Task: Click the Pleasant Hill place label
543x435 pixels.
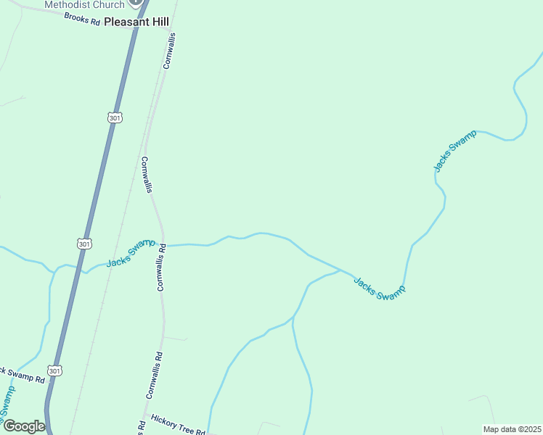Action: pos(136,22)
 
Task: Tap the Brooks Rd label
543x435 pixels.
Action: pos(81,19)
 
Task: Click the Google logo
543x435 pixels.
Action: pos(24,426)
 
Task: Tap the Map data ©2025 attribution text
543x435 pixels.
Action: pos(512,429)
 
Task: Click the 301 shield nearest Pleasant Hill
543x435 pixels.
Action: pos(114,117)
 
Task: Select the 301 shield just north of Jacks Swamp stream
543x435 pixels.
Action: pos(84,244)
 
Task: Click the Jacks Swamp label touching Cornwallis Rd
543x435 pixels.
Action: pos(131,252)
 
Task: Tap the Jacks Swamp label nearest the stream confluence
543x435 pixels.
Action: pos(379,286)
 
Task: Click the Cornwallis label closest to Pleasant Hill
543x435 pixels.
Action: pos(170,51)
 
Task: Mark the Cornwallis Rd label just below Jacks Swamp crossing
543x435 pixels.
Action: pos(162,267)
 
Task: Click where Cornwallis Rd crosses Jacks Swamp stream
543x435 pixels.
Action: pos(163,245)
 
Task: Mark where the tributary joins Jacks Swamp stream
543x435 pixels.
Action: pos(341,270)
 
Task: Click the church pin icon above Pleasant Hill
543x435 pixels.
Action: pos(133,4)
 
